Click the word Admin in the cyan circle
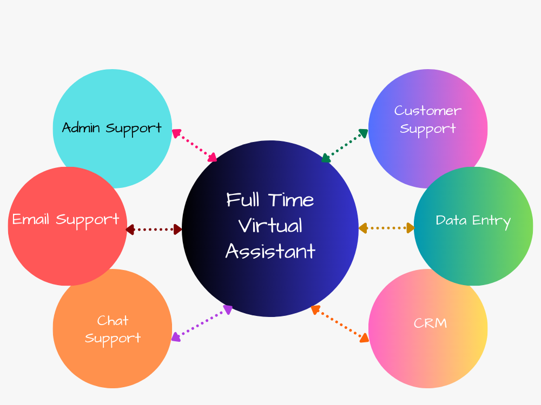pos(82,128)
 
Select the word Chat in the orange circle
pos(113,321)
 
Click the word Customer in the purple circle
pos(427,111)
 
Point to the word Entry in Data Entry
pos(491,221)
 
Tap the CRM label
pos(430,323)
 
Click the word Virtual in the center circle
pos(270,225)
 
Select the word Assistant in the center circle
pos(270,251)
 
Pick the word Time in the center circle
pos(292,200)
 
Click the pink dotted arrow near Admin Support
pos(194,145)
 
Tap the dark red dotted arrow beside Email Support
pos(154,230)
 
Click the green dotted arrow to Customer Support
pos(345,145)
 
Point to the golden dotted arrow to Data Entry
pos(386,228)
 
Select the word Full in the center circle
pos(242,200)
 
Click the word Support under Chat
pos(113,339)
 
